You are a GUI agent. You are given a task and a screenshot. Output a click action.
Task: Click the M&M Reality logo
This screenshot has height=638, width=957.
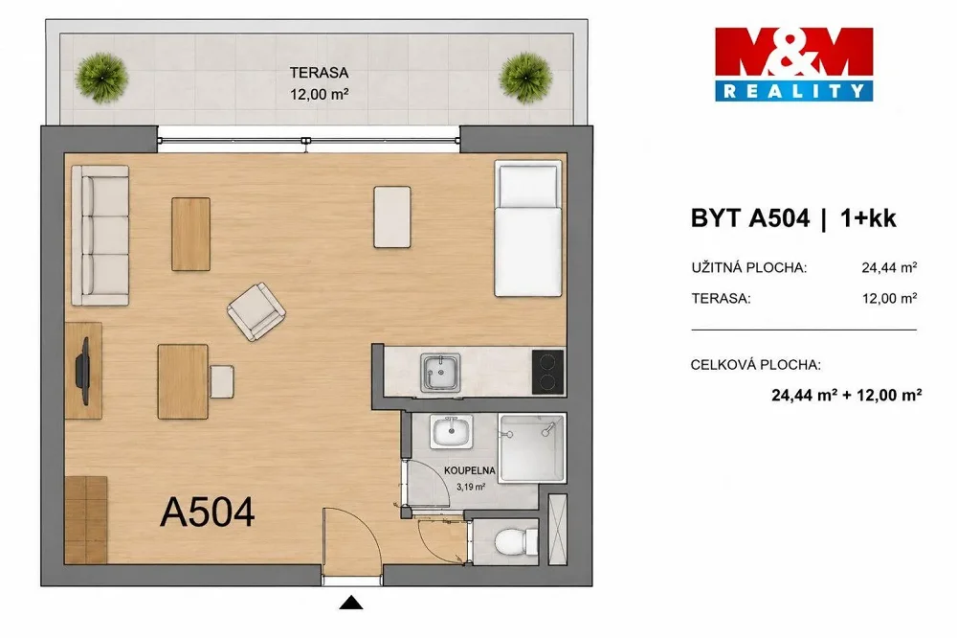coord(793,64)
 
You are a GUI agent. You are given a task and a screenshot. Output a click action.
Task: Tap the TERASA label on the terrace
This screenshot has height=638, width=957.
coord(319,73)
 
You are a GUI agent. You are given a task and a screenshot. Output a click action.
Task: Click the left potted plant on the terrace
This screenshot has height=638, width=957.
coord(101,78)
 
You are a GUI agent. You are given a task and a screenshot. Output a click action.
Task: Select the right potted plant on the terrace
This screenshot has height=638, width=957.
coord(525,78)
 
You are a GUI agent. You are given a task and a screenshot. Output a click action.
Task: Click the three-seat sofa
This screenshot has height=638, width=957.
coord(100,236)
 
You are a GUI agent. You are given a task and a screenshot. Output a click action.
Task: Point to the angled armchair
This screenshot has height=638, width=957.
coord(256,311)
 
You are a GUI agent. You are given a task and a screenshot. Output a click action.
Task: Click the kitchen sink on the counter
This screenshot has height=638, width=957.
coord(440,372)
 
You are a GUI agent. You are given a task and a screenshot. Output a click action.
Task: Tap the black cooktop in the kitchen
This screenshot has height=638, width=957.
coord(548,372)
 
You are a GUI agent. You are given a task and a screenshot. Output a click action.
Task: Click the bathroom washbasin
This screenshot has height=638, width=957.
coord(451,432)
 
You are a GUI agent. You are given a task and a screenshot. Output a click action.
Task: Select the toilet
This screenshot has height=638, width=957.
coord(516,541)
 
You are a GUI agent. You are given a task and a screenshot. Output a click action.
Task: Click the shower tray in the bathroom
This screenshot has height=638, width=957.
coord(532,448)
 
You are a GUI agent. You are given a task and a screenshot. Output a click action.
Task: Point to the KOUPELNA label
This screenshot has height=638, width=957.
coord(469,470)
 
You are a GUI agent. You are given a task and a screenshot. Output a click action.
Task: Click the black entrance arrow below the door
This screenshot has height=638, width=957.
coord(351,604)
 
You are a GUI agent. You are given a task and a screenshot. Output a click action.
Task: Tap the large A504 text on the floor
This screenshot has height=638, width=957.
coord(207,513)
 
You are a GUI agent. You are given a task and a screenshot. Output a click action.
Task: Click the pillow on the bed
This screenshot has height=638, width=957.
coord(528,186)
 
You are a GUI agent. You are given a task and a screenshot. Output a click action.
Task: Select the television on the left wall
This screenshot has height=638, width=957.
coord(83,371)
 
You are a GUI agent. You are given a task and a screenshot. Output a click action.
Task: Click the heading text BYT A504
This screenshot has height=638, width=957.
coord(750,218)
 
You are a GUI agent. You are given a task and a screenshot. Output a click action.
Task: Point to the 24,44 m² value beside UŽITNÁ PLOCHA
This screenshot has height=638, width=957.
coord(889,267)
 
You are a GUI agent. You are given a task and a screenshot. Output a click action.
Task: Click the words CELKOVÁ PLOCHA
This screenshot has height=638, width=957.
coord(756,365)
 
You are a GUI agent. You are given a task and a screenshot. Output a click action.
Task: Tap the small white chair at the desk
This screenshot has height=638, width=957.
coord(221,381)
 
